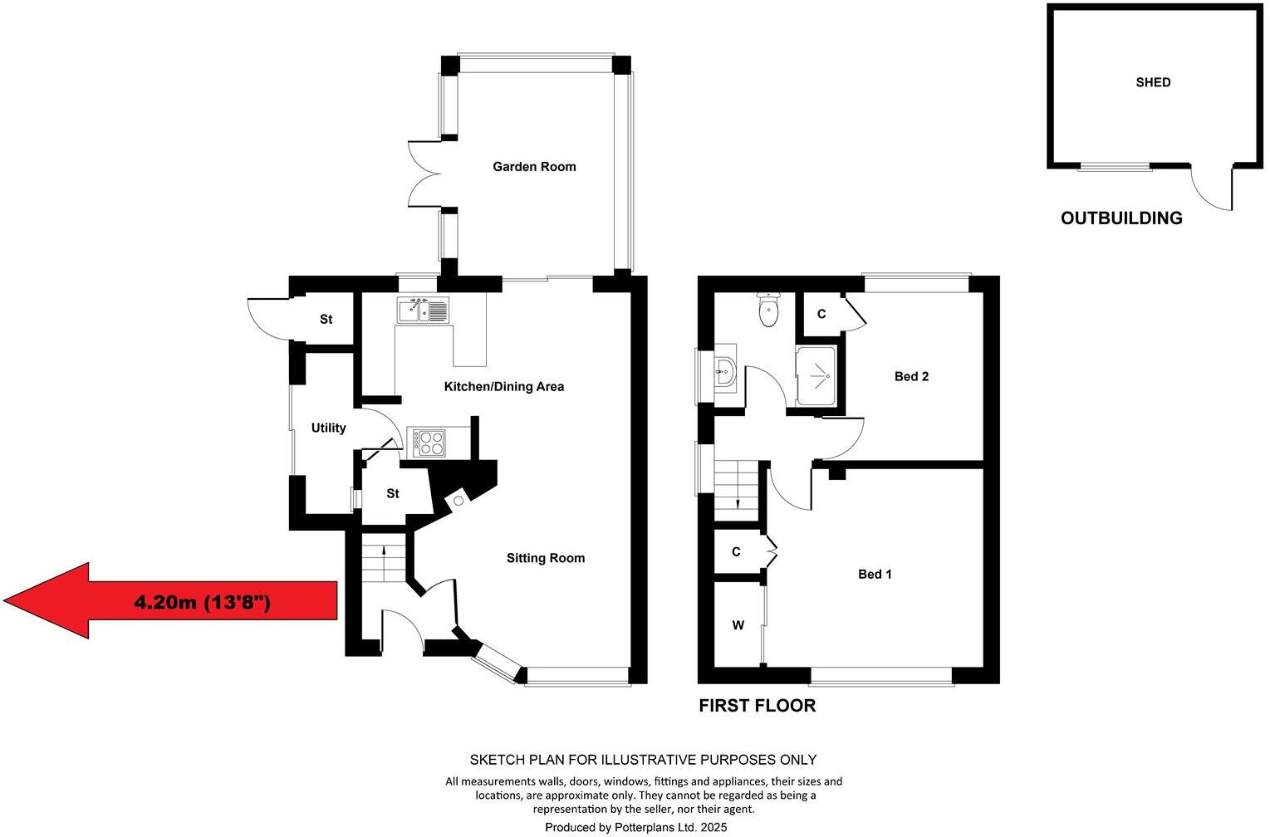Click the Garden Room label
tap(534, 166)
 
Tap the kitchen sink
tap(423, 311)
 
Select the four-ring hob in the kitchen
tap(426, 442)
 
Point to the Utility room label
tap(328, 428)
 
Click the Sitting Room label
tap(546, 558)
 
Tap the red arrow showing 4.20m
tap(170, 601)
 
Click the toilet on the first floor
tap(769, 311)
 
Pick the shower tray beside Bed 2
tap(815, 376)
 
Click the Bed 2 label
tap(911, 376)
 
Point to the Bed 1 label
tap(875, 574)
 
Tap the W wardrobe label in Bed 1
tap(738, 625)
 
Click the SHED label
tap(1153, 82)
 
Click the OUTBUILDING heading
tap(1121, 218)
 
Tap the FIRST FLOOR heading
tap(757, 706)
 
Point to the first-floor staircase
tap(737, 488)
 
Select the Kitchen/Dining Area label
tap(504, 386)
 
